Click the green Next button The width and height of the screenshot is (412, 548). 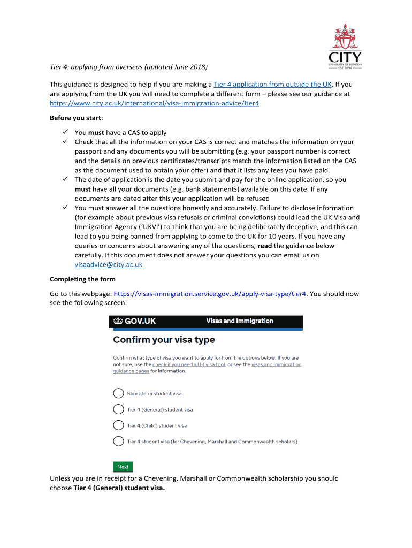[x=123, y=467]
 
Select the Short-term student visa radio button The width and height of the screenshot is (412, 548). [x=118, y=393]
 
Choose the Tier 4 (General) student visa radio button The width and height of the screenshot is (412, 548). [x=118, y=409]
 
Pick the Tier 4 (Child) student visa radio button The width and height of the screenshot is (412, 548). [x=118, y=425]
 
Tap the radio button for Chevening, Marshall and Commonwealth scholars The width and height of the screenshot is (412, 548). [x=118, y=442]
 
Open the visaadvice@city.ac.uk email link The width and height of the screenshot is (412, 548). [x=108, y=264]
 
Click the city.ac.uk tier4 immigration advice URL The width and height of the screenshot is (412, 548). [x=154, y=103]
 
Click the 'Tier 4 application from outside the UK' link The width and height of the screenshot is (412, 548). [x=272, y=85]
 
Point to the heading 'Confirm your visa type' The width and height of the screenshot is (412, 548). [x=164, y=340]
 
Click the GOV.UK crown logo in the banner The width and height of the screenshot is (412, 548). [x=118, y=322]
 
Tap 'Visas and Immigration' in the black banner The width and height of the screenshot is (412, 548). [x=240, y=321]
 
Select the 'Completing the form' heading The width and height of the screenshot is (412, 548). [x=82, y=279]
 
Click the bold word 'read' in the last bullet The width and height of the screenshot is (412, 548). [x=265, y=246]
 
